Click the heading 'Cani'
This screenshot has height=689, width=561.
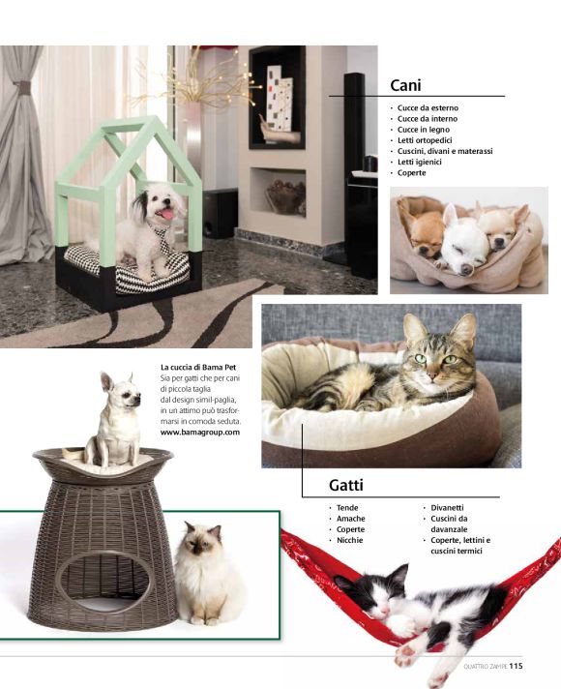click(405, 85)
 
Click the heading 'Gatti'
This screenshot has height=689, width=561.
click(346, 485)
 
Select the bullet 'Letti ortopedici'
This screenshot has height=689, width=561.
click(425, 140)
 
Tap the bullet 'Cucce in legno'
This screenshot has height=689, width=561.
click(424, 130)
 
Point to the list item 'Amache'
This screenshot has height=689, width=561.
click(350, 519)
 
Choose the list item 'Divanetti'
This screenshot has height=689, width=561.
click(447, 507)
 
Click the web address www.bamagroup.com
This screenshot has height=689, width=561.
click(200, 432)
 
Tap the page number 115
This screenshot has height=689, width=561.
click(516, 666)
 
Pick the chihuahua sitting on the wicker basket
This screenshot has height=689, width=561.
click(115, 420)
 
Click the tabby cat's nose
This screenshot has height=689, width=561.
click(432, 376)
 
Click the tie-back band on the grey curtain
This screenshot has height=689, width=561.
click(22, 85)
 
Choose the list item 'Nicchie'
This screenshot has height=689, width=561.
click(350, 540)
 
